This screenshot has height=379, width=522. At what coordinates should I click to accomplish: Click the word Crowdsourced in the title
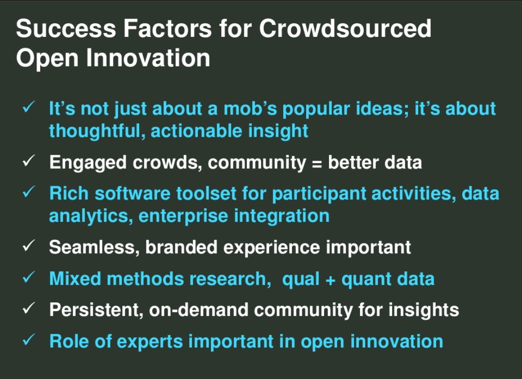tap(345, 28)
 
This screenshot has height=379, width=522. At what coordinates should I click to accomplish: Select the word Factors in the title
tap(167, 28)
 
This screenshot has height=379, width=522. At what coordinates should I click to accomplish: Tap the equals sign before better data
tap(317, 164)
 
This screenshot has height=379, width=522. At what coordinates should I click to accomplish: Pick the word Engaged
tap(88, 163)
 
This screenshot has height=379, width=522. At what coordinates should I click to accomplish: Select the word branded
tap(181, 247)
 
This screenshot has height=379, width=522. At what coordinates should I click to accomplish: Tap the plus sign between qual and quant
tap(330, 280)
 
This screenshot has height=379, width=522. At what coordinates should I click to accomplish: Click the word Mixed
tap(75, 279)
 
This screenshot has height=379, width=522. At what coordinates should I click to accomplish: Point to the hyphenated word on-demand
tap(199, 310)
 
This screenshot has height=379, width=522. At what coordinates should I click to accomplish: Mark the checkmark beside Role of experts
tap(29, 340)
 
